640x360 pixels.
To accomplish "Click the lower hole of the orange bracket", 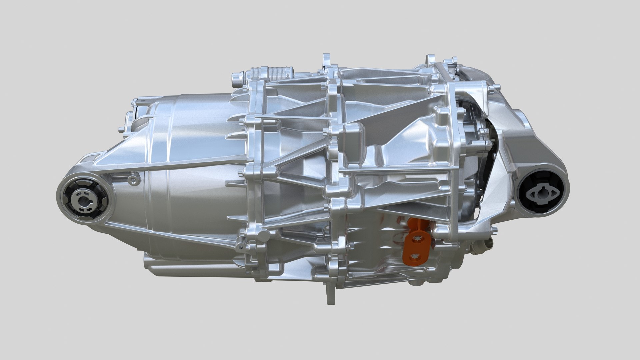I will click(x=414, y=256).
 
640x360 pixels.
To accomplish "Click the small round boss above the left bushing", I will click(x=134, y=180).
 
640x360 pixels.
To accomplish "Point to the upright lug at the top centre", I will click(x=326, y=61).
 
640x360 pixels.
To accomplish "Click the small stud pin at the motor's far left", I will click(x=121, y=129).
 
